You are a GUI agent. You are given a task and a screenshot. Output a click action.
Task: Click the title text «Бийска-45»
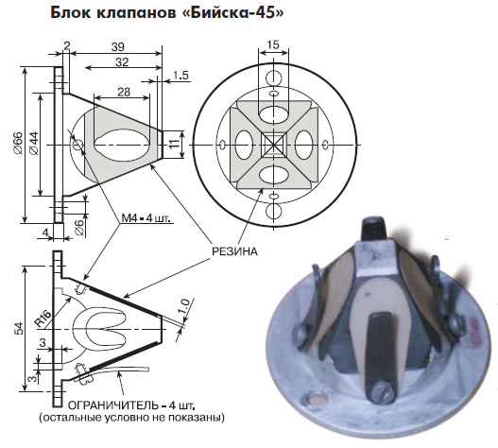pyautogui.click(x=236, y=12)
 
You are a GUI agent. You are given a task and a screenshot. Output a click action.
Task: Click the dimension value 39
pyautogui.click(x=118, y=47)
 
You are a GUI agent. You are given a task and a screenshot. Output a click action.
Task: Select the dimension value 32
pyautogui.click(x=122, y=62)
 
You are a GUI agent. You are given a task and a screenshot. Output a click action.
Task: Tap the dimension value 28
pyautogui.click(x=124, y=92)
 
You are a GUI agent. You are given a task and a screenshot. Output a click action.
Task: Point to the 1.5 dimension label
pyautogui.click(x=180, y=76)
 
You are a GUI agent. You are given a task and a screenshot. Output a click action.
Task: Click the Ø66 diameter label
pyautogui.click(x=18, y=143)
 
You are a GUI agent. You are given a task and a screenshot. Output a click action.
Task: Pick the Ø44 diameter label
pyautogui.click(x=34, y=143)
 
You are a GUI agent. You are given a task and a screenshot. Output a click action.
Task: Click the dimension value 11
pyautogui.click(x=174, y=144)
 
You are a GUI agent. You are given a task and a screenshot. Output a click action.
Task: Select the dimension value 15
pyautogui.click(x=273, y=44)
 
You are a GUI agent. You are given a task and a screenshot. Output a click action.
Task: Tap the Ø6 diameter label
pyautogui.click(x=80, y=227)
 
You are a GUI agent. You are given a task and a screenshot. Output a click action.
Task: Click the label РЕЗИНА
pyautogui.click(x=234, y=251)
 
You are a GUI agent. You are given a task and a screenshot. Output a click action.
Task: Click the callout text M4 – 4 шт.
pyautogui.click(x=146, y=218)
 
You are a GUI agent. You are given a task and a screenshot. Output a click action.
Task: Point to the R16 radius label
pyautogui.click(x=43, y=319)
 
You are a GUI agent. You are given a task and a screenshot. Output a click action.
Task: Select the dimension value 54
pyautogui.click(x=19, y=328)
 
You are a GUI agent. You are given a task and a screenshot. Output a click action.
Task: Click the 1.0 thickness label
pyautogui.click(x=185, y=305)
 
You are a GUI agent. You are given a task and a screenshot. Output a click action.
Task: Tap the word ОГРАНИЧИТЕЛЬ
pyautogui.click(x=113, y=405)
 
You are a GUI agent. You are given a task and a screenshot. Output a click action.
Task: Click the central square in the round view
pyautogui.click(x=273, y=146)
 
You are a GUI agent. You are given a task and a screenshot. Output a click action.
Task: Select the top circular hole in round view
pyautogui.click(x=273, y=78)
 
